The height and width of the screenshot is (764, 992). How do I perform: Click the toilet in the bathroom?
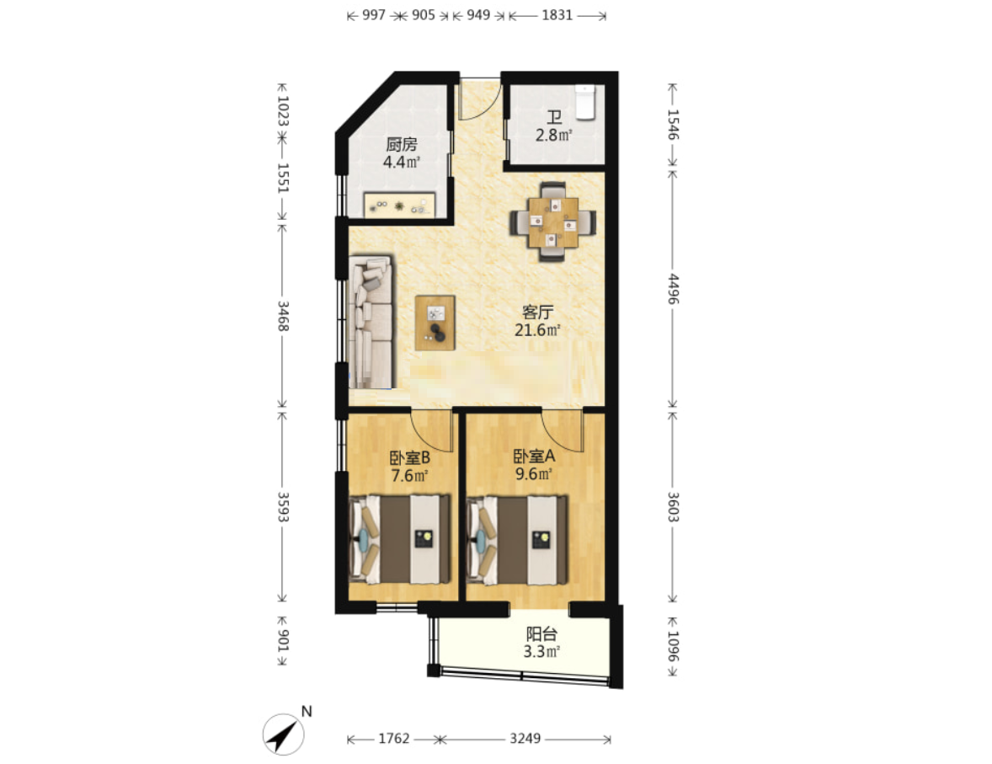pyautogui.click(x=586, y=102)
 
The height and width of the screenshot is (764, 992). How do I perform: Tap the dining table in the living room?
pyautogui.click(x=553, y=222)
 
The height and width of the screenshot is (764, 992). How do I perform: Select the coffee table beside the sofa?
pyautogui.click(x=435, y=323)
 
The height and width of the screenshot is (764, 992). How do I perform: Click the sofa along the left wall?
pyautogui.click(x=371, y=322)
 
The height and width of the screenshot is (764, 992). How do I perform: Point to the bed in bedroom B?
pyautogui.click(x=400, y=539)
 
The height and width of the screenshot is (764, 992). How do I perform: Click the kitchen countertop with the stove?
pyautogui.click(x=399, y=205)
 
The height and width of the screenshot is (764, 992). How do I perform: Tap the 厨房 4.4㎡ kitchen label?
pyautogui.click(x=402, y=153)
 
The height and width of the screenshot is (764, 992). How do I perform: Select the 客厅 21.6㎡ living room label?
pyautogui.click(x=538, y=321)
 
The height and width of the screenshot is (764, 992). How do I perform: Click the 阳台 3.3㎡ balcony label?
pyautogui.click(x=541, y=643)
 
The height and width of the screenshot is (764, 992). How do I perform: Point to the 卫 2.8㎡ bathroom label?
pyautogui.click(x=554, y=126)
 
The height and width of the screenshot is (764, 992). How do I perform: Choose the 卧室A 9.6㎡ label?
pyautogui.click(x=535, y=465)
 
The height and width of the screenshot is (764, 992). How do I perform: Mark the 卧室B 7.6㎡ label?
pyautogui.click(x=410, y=466)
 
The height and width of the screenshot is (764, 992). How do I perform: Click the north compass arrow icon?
pyautogui.click(x=284, y=735)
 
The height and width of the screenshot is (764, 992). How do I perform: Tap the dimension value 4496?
pyautogui.click(x=673, y=289)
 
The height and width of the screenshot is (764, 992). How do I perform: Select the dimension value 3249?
pyautogui.click(x=525, y=738)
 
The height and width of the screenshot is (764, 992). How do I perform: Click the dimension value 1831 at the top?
pyautogui.click(x=557, y=15)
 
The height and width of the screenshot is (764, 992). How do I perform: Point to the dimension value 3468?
pyautogui.click(x=283, y=316)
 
